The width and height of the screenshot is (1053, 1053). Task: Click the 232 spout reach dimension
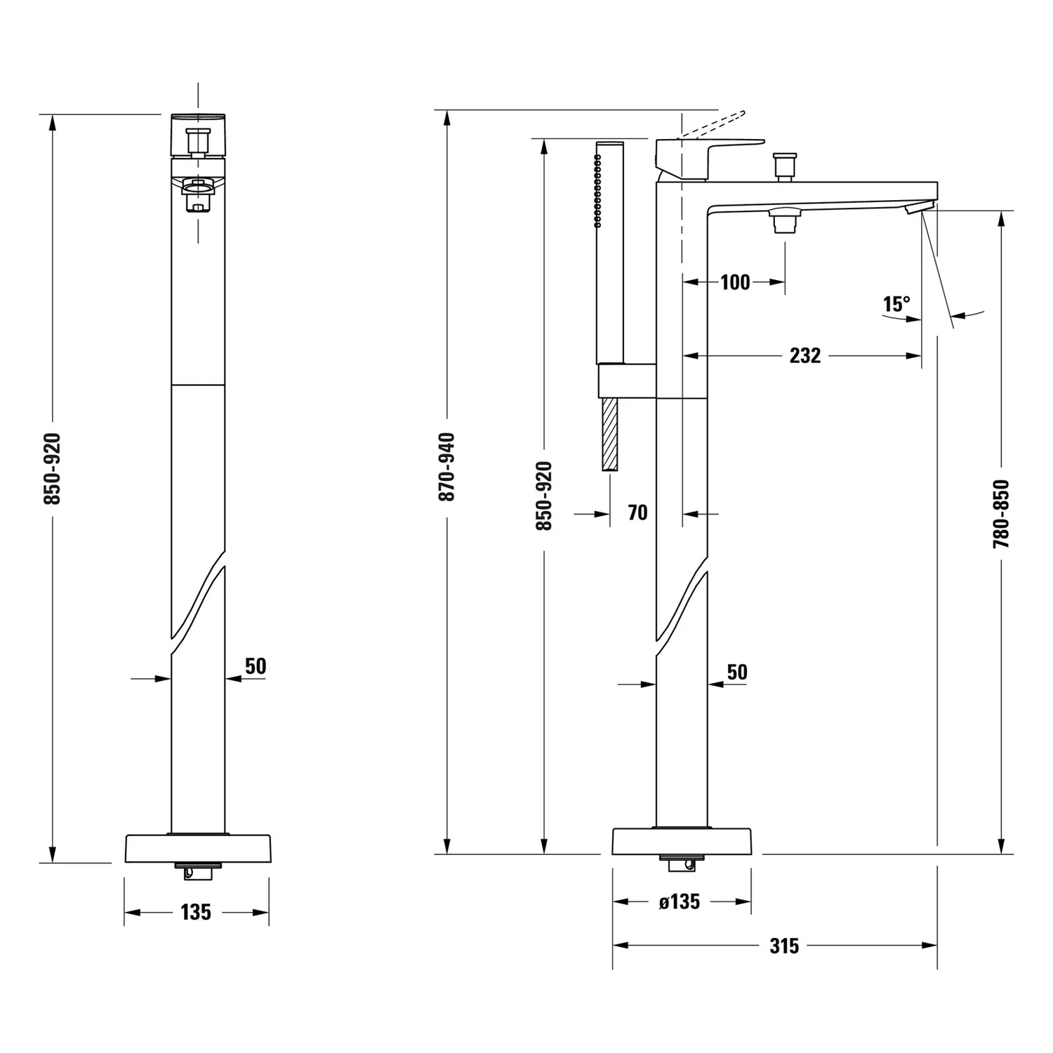(x=804, y=356)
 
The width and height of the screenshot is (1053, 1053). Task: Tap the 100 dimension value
(x=735, y=282)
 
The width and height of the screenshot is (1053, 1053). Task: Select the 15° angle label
(x=896, y=304)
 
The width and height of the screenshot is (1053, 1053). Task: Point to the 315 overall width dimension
(x=784, y=946)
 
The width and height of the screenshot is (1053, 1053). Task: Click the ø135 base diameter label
(x=680, y=901)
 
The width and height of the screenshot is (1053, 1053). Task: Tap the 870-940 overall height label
(x=447, y=467)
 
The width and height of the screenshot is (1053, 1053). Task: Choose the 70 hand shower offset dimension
(x=637, y=513)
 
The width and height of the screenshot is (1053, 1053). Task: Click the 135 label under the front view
(x=195, y=912)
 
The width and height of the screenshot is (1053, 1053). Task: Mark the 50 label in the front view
(x=256, y=665)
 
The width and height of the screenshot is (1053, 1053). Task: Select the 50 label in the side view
(x=737, y=672)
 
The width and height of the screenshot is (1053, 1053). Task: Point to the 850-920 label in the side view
(x=544, y=496)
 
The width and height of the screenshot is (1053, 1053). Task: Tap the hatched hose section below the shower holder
(x=609, y=435)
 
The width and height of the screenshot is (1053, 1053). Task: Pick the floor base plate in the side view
(x=682, y=841)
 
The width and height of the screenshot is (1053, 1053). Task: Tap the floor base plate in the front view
(x=197, y=849)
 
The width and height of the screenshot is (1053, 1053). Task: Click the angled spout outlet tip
(x=919, y=207)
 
